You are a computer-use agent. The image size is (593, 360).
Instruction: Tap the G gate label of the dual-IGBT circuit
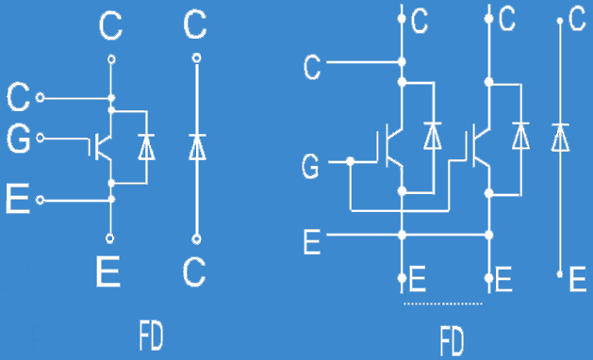coord(310,168)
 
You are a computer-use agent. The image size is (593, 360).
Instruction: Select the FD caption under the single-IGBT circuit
coord(151,334)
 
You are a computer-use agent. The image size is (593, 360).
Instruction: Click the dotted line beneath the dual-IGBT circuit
coord(443,304)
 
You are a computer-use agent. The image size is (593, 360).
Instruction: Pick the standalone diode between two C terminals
coord(196,146)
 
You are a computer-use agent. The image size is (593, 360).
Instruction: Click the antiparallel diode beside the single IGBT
coord(146,146)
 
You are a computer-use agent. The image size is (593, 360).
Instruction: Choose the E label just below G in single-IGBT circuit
coord(17,201)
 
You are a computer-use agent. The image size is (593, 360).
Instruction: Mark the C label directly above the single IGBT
coord(110,26)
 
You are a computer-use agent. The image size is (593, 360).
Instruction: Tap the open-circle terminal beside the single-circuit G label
coord(40,142)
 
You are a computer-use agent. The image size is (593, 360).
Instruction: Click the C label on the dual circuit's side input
coord(311,67)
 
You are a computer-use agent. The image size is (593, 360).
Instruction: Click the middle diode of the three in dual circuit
coord(519,138)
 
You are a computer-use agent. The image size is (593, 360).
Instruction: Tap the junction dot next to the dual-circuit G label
coord(350,162)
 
